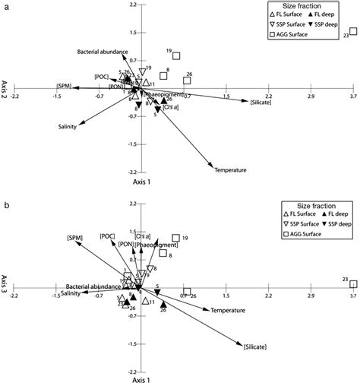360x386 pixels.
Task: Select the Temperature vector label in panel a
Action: click(230, 169)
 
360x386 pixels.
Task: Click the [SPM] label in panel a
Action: click(64, 86)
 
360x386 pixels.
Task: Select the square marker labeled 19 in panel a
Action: click(177, 55)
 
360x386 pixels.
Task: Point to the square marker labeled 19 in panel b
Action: click(176, 239)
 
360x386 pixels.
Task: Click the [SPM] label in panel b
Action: click(74, 237)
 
